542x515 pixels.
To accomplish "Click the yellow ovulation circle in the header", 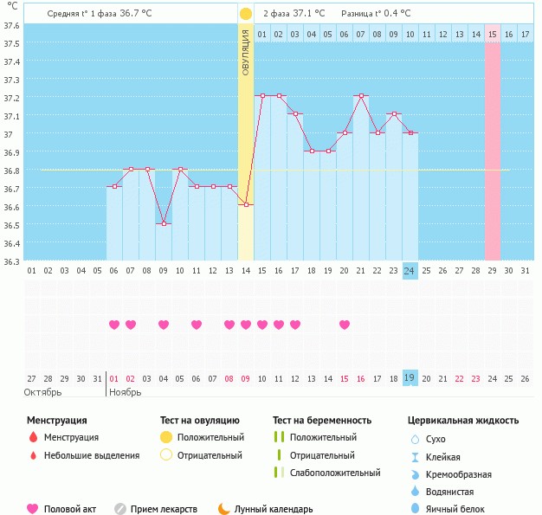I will click(246, 14).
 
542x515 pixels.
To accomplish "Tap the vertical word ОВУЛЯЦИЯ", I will click(246, 51).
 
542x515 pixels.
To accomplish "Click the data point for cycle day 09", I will click(164, 223).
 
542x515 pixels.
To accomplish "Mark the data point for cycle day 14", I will click(246, 204).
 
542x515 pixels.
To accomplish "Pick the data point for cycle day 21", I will click(361, 96).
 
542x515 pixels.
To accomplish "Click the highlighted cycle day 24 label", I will click(410, 270).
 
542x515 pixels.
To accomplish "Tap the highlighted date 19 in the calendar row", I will click(410, 378).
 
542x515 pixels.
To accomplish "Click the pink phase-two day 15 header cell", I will click(493, 34).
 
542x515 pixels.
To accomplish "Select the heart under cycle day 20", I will click(345, 325).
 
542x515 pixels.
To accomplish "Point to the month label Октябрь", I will click(43, 392).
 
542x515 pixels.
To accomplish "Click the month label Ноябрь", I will click(125, 392).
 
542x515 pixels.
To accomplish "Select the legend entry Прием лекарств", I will click(164, 510).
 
